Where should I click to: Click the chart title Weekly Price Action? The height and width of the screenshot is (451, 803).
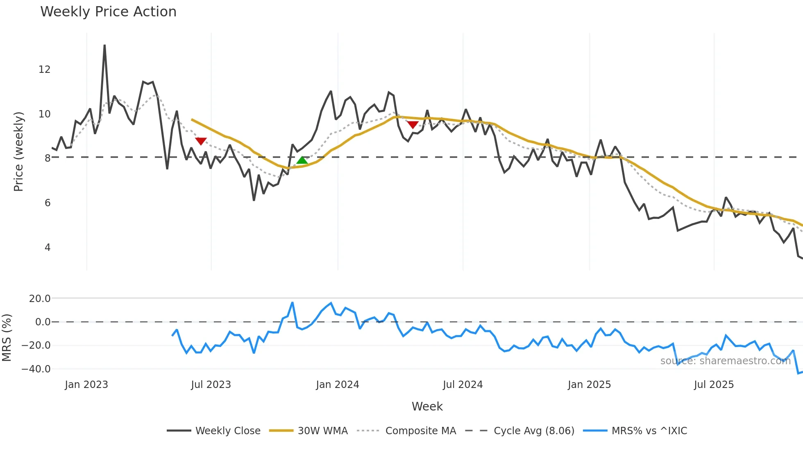pyautogui.click(x=108, y=12)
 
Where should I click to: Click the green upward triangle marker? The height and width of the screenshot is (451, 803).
pyautogui.click(x=302, y=160)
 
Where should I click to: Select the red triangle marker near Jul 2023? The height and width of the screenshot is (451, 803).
pyautogui.click(x=201, y=141)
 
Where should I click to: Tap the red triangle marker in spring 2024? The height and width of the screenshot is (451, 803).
pyautogui.click(x=413, y=124)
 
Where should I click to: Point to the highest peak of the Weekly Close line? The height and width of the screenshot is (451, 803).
pyautogui.click(x=104, y=45)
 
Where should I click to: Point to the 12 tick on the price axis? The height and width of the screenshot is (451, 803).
pyautogui.click(x=44, y=70)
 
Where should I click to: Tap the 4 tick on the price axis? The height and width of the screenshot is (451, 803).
pyautogui.click(x=48, y=248)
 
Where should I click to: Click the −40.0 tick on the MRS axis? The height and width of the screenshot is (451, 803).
pyautogui.click(x=36, y=369)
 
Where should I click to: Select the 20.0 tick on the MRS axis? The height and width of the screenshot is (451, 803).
pyautogui.click(x=40, y=298)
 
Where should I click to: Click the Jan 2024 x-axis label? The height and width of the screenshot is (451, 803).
pyautogui.click(x=337, y=385)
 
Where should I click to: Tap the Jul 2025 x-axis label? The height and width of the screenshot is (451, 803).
pyautogui.click(x=713, y=385)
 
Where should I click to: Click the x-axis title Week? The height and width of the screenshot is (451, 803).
pyautogui.click(x=427, y=406)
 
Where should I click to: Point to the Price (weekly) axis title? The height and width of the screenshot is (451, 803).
pyautogui.click(x=18, y=151)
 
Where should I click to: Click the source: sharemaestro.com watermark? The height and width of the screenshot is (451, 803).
pyautogui.click(x=725, y=361)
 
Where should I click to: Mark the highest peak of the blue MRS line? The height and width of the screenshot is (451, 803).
pyautogui.click(x=293, y=303)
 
